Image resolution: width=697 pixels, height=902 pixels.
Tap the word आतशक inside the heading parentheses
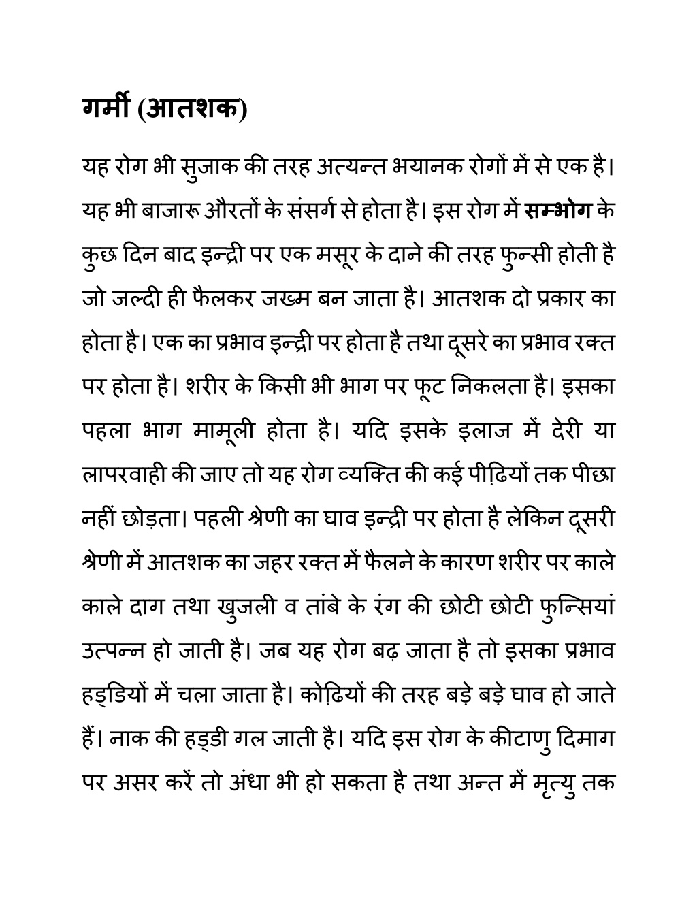[192, 108]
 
